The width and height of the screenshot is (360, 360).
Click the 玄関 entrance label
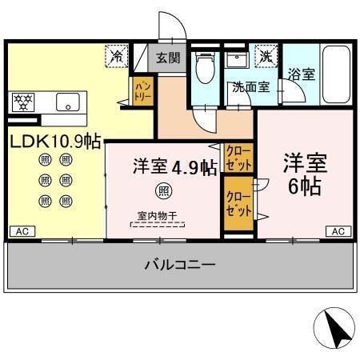pos(168,58)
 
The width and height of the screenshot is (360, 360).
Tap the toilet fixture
pos(206,69)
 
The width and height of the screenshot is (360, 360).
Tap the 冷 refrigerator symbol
pos(117,56)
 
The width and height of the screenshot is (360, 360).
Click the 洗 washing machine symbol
pos(262,56)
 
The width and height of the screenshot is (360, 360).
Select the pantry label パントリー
pos(142,90)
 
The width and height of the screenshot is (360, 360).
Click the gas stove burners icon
pos(22,102)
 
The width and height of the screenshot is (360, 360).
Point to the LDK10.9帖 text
pos(54,142)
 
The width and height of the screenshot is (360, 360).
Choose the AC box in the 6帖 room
pos(338,232)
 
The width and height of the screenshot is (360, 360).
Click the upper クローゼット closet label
pos(237,156)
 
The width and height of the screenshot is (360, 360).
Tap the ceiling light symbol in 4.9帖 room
pos(163,190)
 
